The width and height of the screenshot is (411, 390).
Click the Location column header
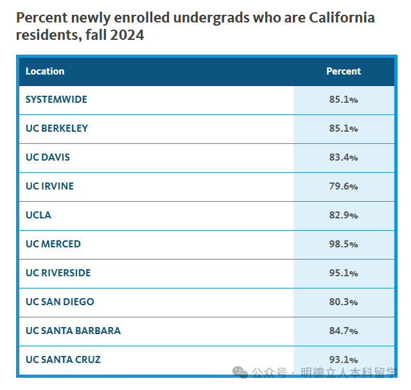[45, 71]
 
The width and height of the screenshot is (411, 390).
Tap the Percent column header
[344, 71]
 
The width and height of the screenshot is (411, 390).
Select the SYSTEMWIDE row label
[57, 100]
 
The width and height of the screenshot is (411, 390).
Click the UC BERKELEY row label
[57, 129]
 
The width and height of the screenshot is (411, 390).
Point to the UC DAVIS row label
[48, 157]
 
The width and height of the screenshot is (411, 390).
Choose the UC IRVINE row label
[49, 186]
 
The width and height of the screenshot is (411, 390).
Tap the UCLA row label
[39, 215]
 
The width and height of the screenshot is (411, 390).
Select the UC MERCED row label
[53, 244]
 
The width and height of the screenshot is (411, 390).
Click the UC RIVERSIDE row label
[58, 273]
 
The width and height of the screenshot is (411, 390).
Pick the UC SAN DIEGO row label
[60, 302]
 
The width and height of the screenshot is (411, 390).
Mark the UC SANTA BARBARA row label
[73, 331]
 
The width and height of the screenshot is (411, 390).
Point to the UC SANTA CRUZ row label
[63, 360]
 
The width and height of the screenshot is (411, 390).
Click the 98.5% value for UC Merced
[344, 244]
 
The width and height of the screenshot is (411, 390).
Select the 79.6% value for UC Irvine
[344, 186]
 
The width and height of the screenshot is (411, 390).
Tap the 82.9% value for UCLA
[344, 215]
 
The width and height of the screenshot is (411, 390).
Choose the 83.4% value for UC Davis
[344, 157]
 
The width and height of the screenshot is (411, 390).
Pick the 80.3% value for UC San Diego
[344, 302]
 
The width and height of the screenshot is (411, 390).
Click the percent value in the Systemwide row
[344, 100]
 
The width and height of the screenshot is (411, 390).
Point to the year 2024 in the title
[127, 35]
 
